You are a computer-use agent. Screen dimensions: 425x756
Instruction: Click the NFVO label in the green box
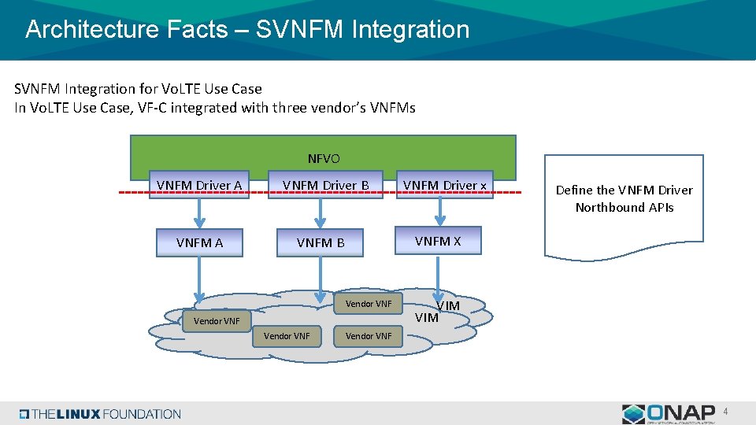324,159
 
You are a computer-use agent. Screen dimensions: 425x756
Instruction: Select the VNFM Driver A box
199,186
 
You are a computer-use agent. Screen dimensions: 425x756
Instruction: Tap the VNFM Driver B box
325,186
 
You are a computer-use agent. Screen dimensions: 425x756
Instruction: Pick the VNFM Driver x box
445,186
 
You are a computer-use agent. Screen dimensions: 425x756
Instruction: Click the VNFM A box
199,242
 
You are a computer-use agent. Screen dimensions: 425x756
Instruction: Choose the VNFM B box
320,242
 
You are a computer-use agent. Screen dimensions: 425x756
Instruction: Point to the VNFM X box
438,241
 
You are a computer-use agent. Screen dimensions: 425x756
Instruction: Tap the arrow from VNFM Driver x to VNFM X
440,211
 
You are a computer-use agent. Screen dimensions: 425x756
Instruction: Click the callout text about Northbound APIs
624,199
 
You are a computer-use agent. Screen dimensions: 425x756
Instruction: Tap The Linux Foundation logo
101,414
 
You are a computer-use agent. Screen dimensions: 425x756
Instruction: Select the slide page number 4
726,411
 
